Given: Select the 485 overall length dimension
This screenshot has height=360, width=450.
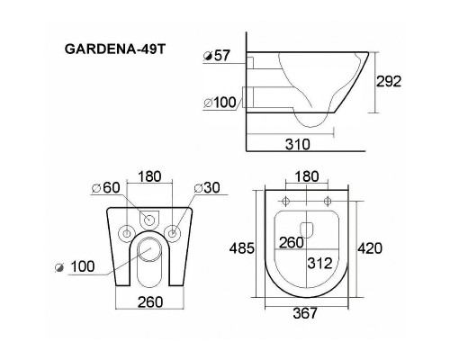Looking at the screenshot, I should click(x=240, y=247).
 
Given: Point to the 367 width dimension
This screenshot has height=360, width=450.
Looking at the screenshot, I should click(x=306, y=314).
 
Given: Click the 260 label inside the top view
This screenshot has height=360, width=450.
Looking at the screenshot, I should click(x=290, y=241).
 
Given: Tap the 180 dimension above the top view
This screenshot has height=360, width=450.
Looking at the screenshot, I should click(x=307, y=175).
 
